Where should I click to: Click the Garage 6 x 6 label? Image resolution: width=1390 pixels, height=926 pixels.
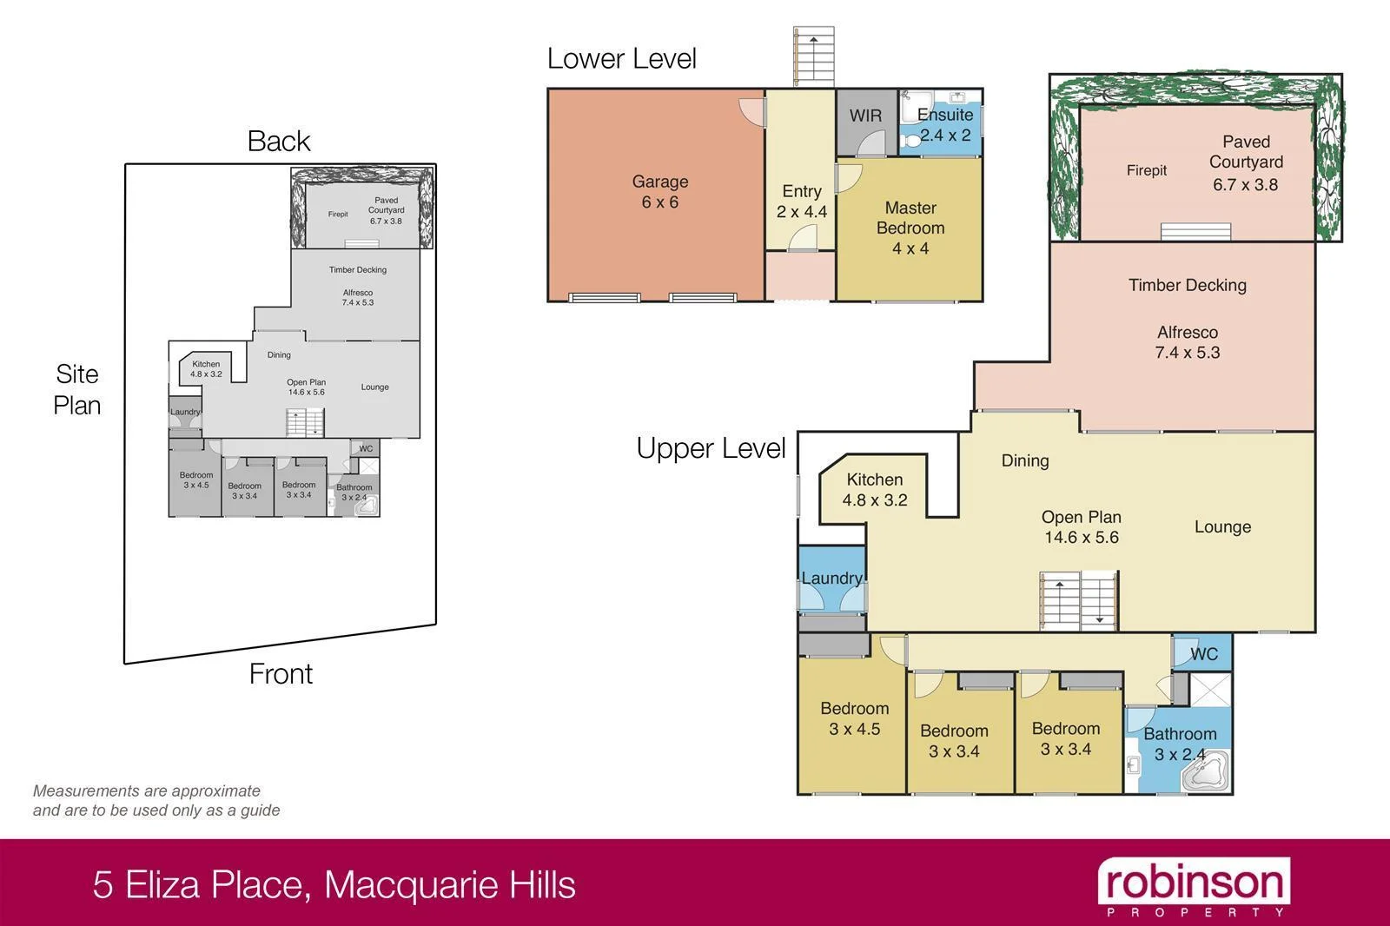660,192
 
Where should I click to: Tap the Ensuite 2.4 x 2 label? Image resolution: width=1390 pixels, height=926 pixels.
945,124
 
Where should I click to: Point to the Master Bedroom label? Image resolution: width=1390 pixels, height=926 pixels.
910,228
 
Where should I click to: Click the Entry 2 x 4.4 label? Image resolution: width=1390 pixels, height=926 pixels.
801,202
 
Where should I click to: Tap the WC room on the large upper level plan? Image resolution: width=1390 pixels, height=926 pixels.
1203,654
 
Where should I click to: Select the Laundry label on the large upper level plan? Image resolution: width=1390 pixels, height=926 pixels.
831,579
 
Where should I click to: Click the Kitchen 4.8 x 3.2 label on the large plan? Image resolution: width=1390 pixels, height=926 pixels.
875,490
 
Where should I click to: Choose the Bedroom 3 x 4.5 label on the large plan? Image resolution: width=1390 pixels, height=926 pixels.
854,718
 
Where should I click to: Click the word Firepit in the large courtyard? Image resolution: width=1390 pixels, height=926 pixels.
1147,170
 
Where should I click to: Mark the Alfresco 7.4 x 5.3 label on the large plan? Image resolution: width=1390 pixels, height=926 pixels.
1188,342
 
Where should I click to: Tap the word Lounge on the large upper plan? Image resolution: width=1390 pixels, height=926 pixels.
1222,526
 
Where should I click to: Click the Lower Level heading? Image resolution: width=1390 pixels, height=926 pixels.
622,59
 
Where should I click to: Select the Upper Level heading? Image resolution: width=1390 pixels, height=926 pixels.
711,449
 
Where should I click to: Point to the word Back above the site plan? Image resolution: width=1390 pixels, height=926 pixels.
278,142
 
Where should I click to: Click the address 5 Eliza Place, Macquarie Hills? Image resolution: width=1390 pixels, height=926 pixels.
334,885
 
